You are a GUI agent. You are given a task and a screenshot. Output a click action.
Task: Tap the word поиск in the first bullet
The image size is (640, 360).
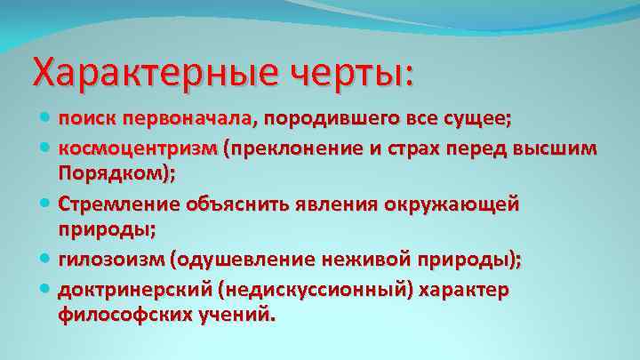pyautogui.click(x=88, y=119)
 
